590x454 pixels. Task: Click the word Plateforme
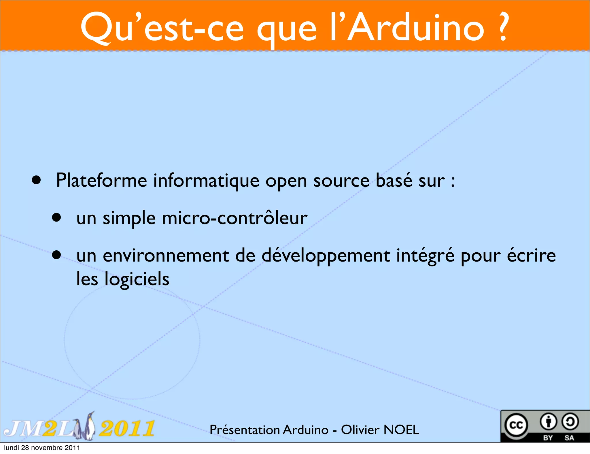point(101,181)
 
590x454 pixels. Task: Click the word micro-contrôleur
point(235,218)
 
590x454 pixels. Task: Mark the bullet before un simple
point(57,217)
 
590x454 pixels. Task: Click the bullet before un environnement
point(57,255)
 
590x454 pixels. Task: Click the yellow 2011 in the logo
point(127,429)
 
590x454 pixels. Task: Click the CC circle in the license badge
point(516,425)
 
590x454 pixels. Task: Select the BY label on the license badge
point(548,438)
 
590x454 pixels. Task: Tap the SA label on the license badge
point(569,438)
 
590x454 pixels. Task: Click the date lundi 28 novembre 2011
point(42,448)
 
